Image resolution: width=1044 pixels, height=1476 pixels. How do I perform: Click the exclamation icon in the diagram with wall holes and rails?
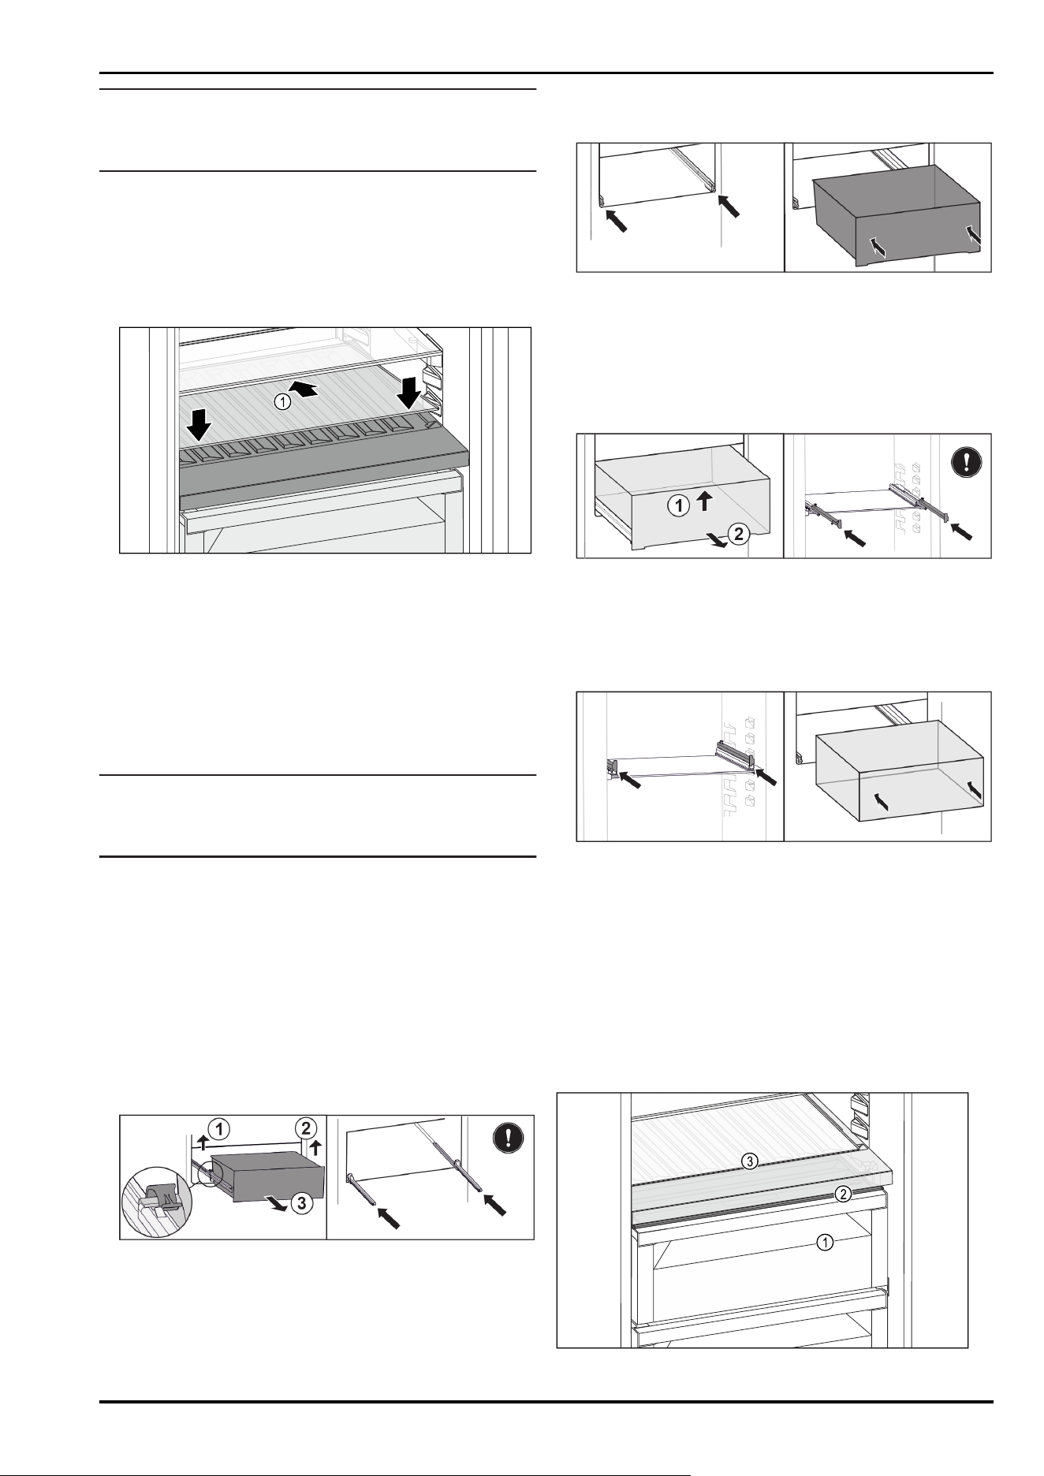point(966,460)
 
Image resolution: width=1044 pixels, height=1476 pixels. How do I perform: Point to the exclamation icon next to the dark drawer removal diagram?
point(508,1137)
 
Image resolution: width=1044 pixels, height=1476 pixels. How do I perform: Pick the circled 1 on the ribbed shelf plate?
point(282,401)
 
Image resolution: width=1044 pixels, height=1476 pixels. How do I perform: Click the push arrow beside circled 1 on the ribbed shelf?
point(308,387)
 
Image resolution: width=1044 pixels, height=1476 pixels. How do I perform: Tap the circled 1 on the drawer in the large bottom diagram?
point(824,1243)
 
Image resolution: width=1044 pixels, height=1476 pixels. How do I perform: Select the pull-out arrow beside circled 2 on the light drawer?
point(714,537)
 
